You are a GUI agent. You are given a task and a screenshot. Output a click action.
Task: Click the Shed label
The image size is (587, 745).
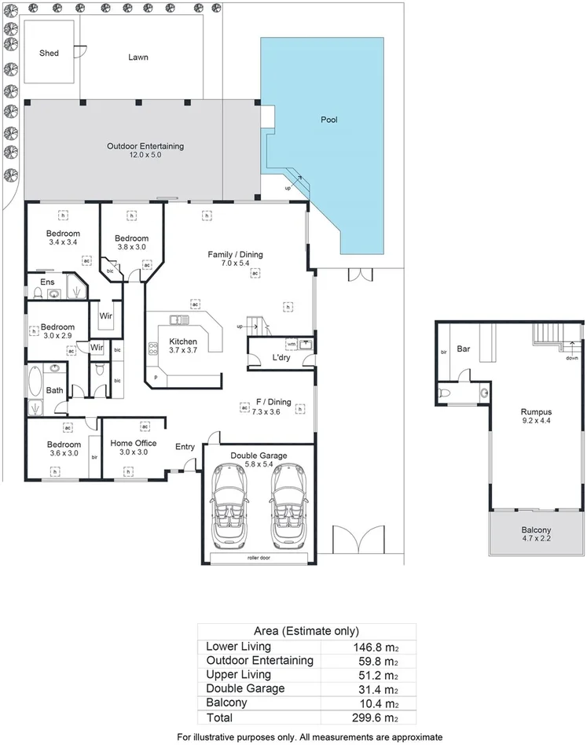50,53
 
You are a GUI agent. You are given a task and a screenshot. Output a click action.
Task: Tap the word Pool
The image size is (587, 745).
328,120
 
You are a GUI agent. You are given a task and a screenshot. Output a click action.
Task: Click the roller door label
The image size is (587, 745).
259,557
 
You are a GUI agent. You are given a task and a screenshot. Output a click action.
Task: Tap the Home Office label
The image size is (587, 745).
133,443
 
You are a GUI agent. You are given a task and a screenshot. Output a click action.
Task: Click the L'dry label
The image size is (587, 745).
281,359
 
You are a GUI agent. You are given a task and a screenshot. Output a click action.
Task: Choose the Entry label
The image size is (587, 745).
185,447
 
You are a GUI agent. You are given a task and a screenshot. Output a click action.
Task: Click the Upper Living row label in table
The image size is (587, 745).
238,674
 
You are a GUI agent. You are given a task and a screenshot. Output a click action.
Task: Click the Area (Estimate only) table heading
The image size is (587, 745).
306,631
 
